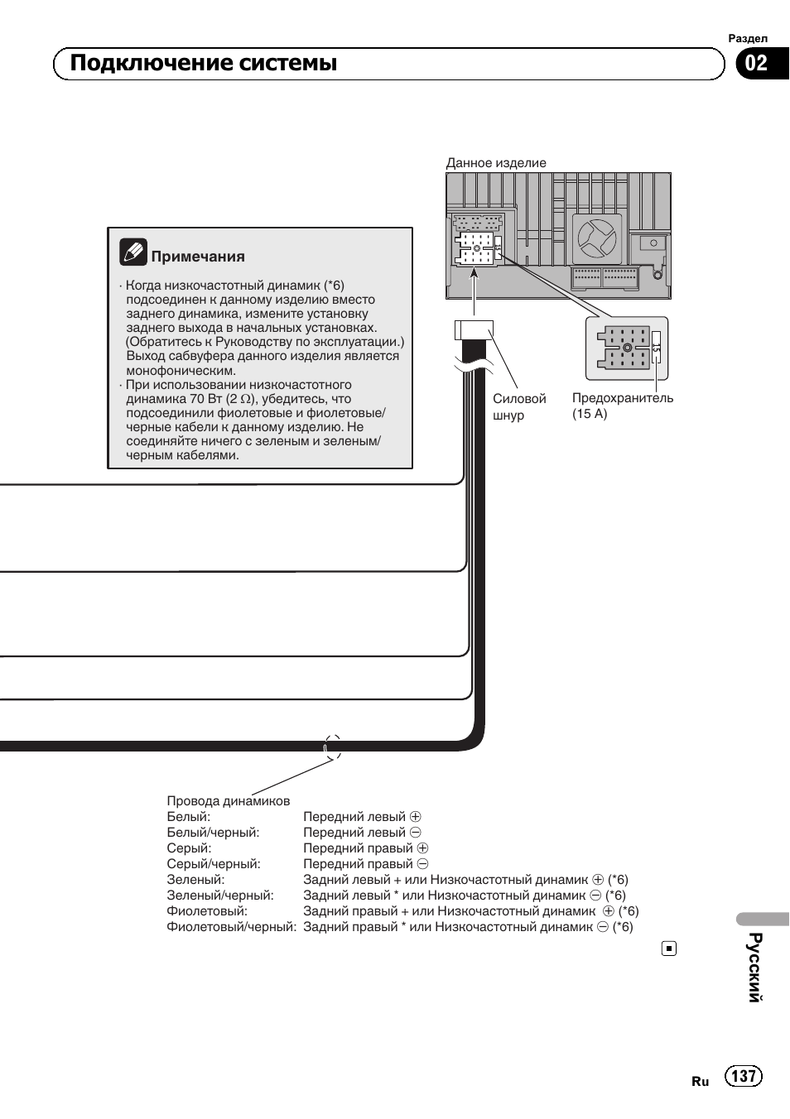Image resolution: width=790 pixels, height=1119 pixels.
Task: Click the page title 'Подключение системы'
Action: click(x=204, y=64)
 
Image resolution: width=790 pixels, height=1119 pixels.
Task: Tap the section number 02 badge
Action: click(x=756, y=64)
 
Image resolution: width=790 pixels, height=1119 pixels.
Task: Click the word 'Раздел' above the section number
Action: click(x=747, y=38)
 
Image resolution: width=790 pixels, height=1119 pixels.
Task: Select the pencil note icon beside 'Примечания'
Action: click(x=132, y=252)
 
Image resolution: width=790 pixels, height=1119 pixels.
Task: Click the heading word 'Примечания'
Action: click(x=198, y=257)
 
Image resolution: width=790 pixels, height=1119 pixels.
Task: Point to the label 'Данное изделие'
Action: click(x=496, y=163)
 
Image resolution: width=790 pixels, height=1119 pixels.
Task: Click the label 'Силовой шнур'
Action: click(x=519, y=406)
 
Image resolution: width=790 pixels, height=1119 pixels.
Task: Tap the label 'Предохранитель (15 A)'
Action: click(x=622, y=406)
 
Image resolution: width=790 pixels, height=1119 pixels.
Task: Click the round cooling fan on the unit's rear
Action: click(x=596, y=238)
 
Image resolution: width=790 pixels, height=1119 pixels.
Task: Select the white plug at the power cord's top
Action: click(x=474, y=330)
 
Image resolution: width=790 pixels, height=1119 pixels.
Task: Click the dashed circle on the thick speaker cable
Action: click(x=332, y=747)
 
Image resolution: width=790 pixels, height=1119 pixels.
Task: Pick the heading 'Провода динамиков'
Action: click(x=229, y=800)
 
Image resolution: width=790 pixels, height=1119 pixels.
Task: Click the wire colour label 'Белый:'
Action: click(x=189, y=816)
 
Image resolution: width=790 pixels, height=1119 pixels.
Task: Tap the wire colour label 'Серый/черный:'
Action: click(x=214, y=863)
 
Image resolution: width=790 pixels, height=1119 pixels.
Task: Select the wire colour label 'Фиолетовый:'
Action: click(x=207, y=910)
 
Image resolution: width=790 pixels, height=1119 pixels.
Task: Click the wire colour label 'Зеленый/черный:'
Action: click(x=220, y=895)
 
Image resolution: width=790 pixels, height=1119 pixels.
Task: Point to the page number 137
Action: click(x=743, y=1075)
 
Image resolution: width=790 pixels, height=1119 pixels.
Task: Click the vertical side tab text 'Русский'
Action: click(x=754, y=967)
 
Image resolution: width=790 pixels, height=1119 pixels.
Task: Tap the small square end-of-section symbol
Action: click(x=669, y=949)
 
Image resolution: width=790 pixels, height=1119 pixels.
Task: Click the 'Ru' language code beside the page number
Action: click(x=701, y=1081)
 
